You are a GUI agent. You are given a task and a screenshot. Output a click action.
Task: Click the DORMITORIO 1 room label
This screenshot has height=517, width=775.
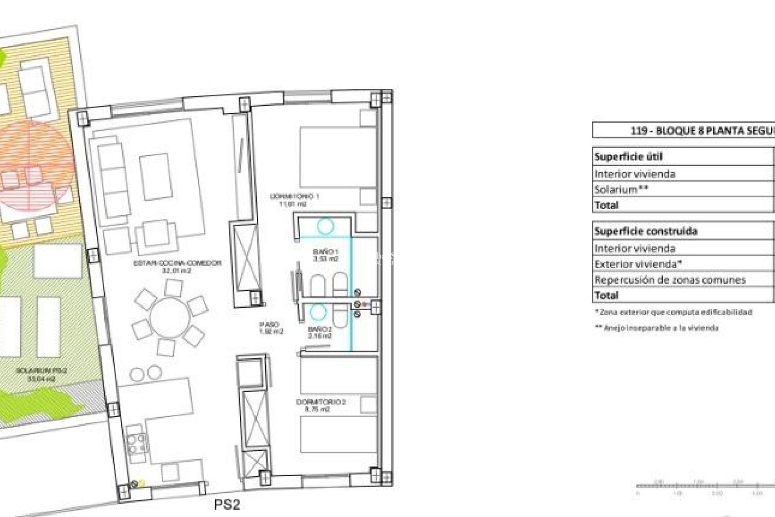tap(294, 200)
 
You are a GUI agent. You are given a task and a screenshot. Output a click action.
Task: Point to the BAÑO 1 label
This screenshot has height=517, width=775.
tap(325, 255)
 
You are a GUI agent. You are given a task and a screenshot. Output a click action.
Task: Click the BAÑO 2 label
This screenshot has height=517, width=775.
tap(320, 332)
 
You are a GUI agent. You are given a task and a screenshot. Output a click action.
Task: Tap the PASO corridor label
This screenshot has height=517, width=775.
tap(271, 328)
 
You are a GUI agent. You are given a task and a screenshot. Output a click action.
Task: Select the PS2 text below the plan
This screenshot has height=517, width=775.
tap(226, 504)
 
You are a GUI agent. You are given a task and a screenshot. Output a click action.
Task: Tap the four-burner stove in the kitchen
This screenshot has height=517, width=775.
tap(136, 443)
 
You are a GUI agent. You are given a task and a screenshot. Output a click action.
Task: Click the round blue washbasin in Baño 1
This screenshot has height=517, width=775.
tap(325, 226)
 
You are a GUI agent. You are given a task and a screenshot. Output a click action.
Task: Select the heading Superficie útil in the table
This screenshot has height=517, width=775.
tap(628, 157)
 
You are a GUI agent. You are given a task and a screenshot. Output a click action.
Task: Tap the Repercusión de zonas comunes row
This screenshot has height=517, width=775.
tap(670, 280)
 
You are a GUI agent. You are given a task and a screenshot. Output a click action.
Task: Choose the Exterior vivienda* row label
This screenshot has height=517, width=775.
tap(638, 264)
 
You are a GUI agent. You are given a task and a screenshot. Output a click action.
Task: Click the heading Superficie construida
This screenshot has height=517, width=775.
tap(646, 231)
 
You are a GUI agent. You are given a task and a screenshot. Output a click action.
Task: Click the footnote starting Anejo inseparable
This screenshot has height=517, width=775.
tap(657, 328)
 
